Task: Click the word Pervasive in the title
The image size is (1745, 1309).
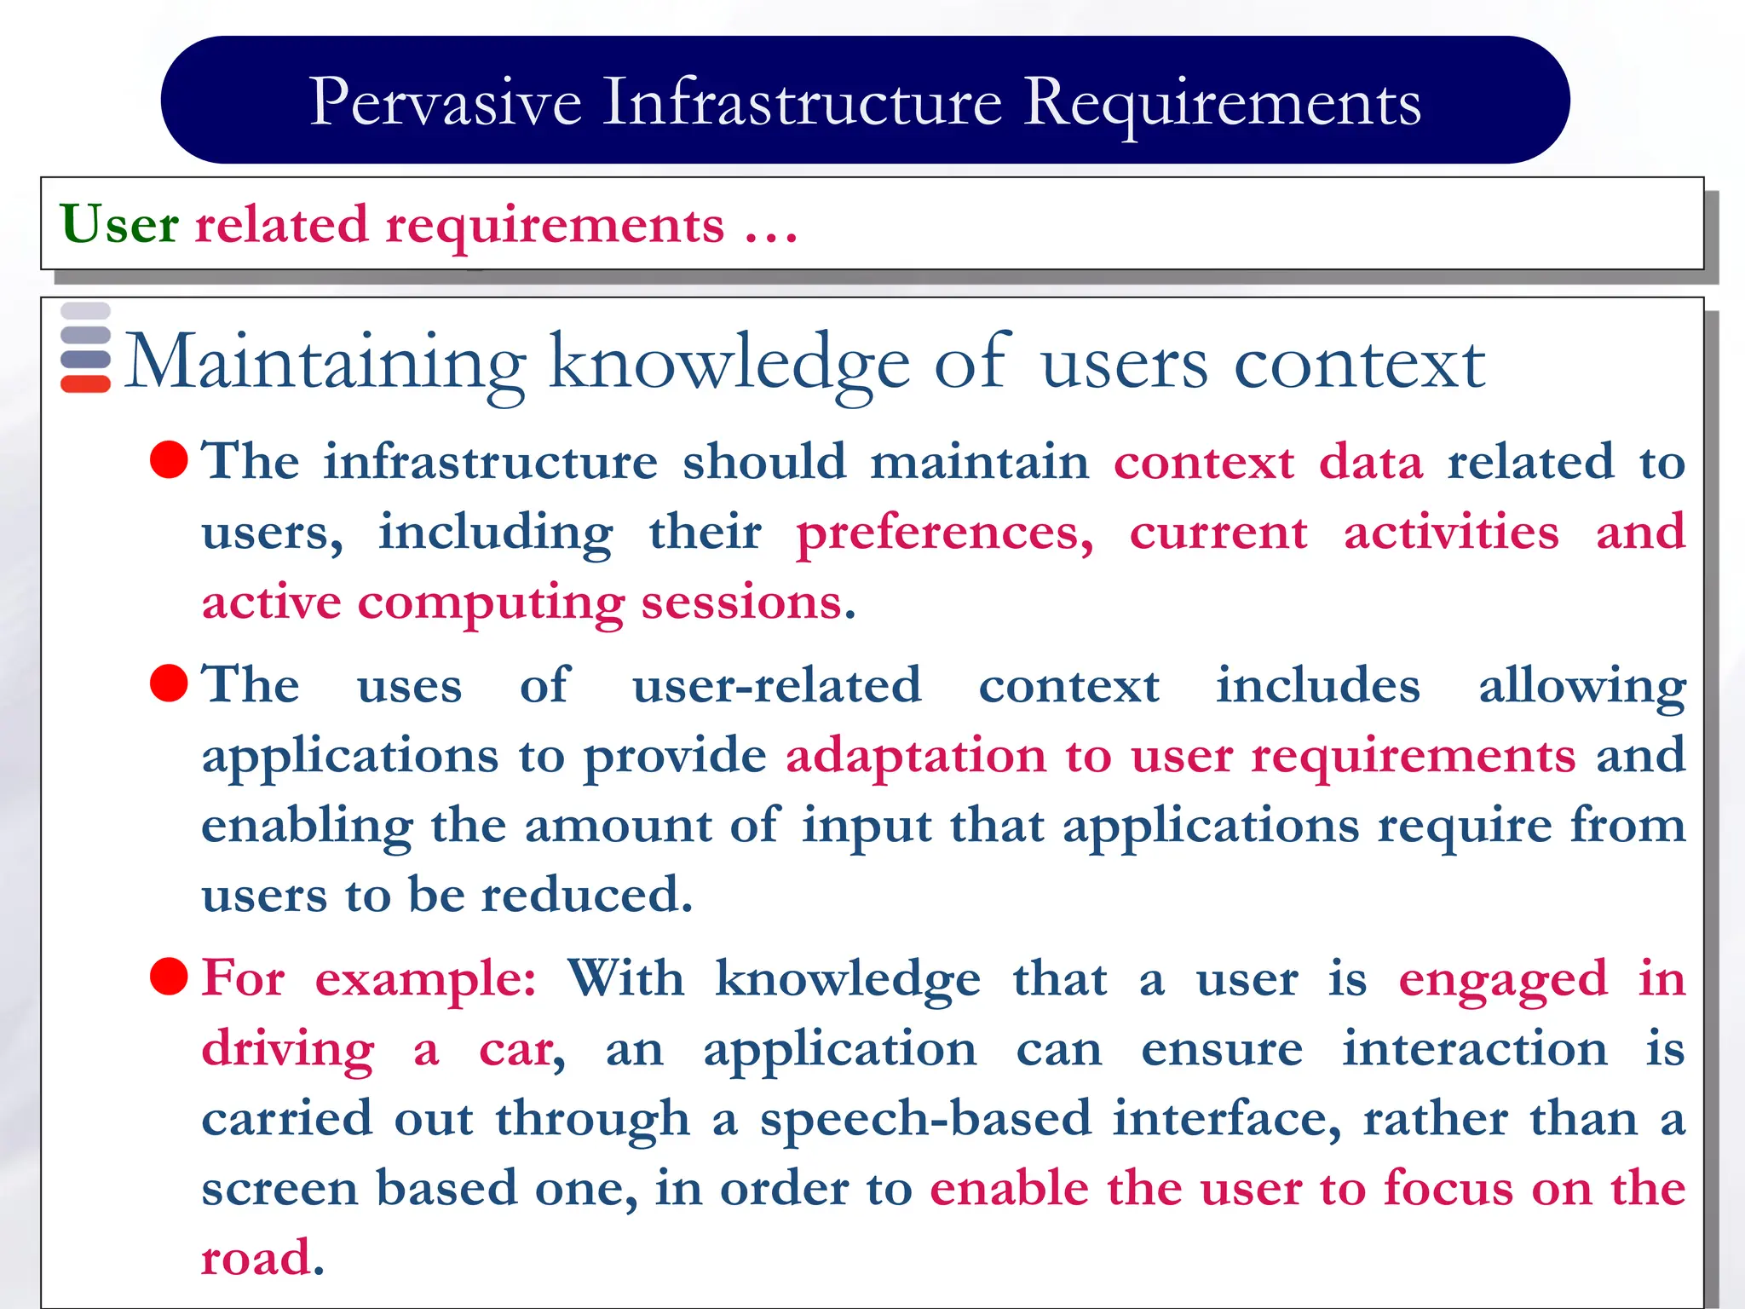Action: pyautogui.click(x=446, y=102)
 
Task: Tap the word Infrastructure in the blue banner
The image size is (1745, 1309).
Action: pyautogui.click(x=802, y=102)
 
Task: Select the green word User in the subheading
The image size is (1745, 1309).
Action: pyautogui.click(x=119, y=225)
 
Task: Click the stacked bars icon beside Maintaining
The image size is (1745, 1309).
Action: pyautogui.click(x=85, y=348)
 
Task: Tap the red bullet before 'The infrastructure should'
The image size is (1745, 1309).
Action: pyautogui.click(x=169, y=460)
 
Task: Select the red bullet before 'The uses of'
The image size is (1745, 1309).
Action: pyautogui.click(x=169, y=683)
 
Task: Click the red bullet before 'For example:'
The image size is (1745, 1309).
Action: pyautogui.click(x=169, y=977)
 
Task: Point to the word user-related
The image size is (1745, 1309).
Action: pyautogui.click(x=776, y=685)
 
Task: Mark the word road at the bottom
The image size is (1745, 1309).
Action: pyautogui.click(x=256, y=1258)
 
